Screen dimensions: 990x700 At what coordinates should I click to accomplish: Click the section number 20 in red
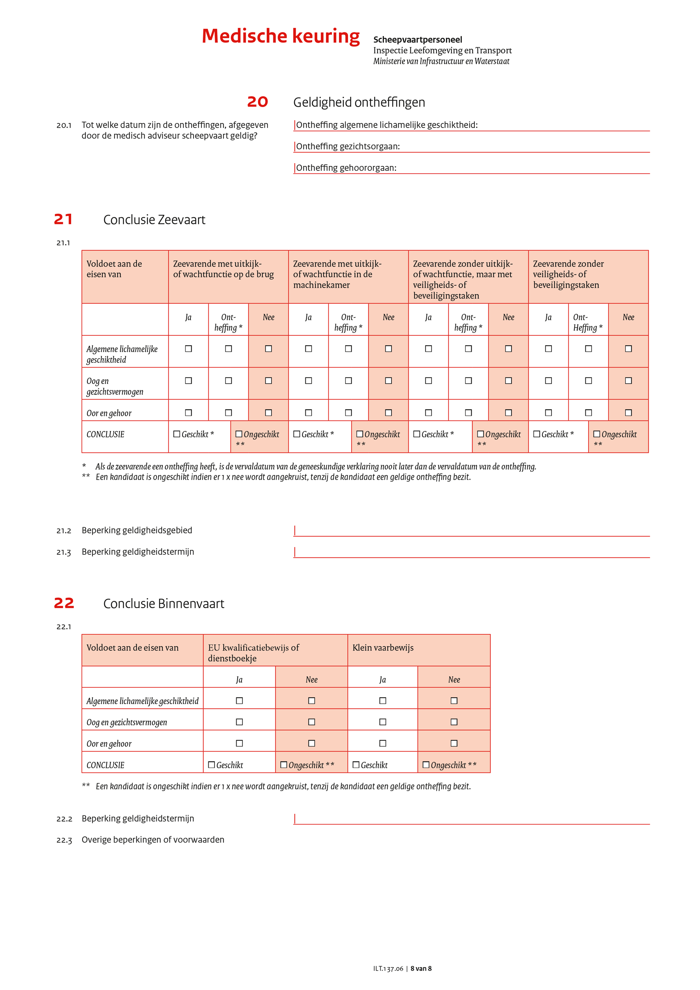coord(257,102)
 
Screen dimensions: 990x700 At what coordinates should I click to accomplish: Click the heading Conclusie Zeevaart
coord(154,220)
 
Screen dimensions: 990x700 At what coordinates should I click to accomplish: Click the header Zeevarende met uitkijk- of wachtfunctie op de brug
coord(223,269)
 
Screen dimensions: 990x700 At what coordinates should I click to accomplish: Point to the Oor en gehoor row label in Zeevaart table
coord(109,413)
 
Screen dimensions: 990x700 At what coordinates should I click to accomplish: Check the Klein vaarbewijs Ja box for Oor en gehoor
coord(382,743)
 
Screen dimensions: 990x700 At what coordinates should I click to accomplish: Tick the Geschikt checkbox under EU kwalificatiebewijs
coord(212,764)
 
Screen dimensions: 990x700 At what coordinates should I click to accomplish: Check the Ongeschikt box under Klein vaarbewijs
coord(426,764)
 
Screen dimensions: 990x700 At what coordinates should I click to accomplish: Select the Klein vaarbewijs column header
coord(383,647)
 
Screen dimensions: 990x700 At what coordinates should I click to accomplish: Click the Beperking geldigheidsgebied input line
coord(471,531)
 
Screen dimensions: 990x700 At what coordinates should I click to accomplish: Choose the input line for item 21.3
coord(471,552)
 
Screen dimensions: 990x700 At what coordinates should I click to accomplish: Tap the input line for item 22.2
coord(471,819)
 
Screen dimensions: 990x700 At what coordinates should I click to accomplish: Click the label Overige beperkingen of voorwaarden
coord(153,839)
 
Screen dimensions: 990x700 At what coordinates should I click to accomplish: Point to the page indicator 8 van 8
coord(421,968)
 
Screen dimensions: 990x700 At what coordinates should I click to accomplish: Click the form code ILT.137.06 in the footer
coord(388,968)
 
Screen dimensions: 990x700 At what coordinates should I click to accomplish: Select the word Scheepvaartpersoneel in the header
coord(417,40)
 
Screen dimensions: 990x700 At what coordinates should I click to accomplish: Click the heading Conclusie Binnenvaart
coord(164,604)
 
